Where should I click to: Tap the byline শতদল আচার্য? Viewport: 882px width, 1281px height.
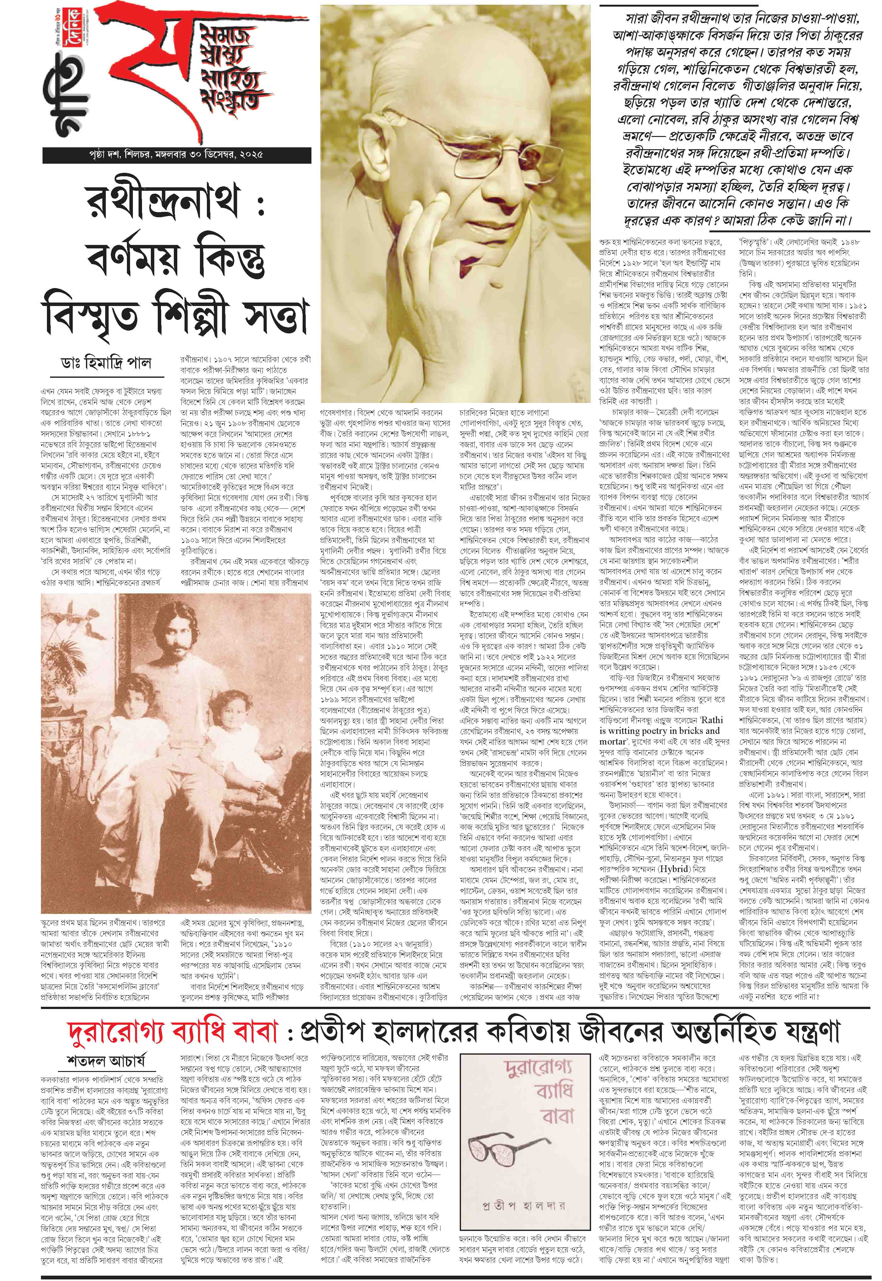(x=105, y=1061)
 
